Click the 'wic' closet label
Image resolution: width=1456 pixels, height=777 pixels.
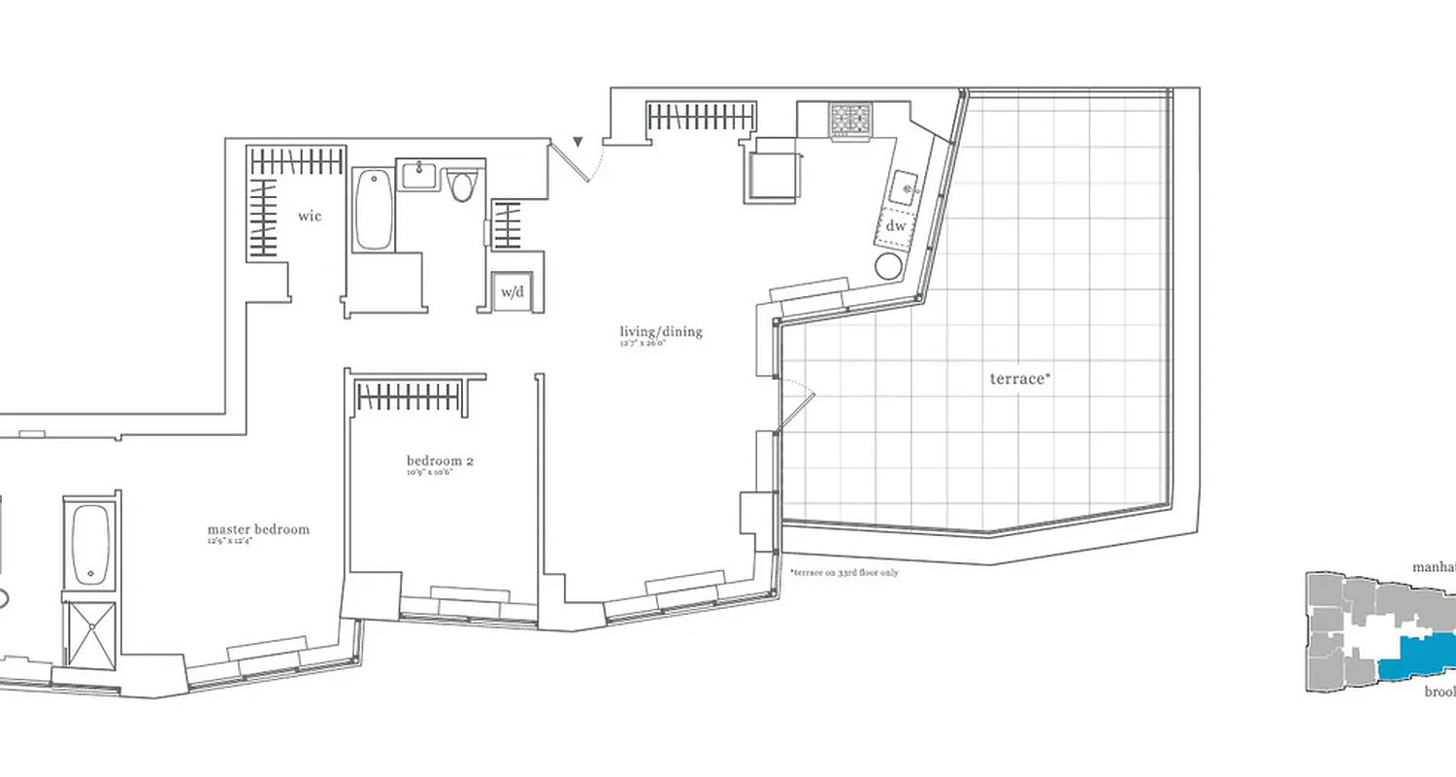tap(310, 216)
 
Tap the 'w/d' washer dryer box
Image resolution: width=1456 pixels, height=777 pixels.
tap(511, 291)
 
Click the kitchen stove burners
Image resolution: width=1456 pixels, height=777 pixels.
tap(849, 120)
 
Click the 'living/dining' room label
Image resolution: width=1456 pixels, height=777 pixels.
tap(660, 332)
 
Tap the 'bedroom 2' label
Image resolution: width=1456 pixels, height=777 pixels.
tap(440, 459)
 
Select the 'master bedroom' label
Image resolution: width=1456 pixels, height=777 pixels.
tap(258, 529)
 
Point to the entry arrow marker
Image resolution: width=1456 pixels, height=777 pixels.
tap(579, 144)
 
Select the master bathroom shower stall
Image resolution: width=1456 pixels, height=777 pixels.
tap(90, 633)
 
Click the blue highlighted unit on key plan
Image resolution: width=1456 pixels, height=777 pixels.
tap(1417, 658)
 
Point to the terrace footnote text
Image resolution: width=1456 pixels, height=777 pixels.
tap(844, 573)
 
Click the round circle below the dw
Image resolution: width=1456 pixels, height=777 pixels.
tap(889, 266)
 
